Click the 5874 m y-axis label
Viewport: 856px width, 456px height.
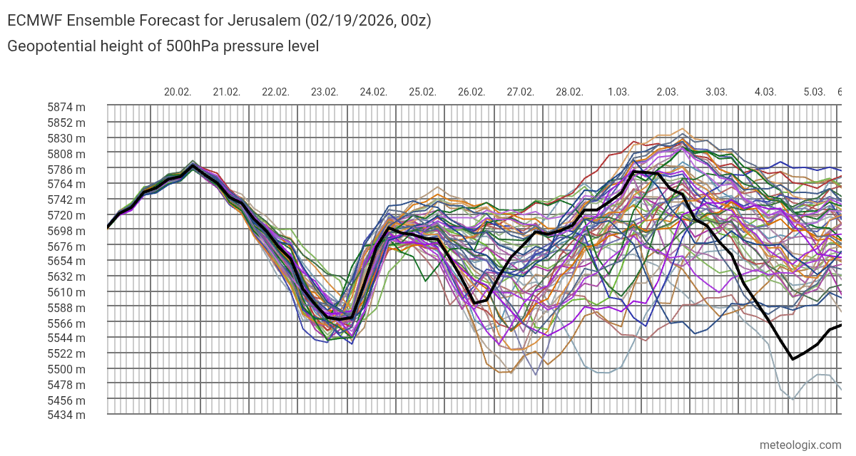pyautogui.click(x=66, y=108)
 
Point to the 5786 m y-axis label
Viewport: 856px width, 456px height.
pyautogui.click(x=66, y=170)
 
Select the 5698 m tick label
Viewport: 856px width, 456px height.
pyautogui.click(x=66, y=231)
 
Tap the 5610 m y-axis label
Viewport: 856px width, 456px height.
pyautogui.click(x=66, y=292)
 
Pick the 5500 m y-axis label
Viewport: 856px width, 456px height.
pyautogui.click(x=66, y=369)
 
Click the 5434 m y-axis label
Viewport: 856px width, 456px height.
pyautogui.click(x=66, y=415)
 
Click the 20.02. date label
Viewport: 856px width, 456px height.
pyautogui.click(x=178, y=92)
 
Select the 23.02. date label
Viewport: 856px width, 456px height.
pyautogui.click(x=325, y=92)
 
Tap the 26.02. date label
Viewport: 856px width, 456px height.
pyautogui.click(x=472, y=92)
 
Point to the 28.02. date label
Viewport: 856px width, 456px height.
pyautogui.click(x=569, y=92)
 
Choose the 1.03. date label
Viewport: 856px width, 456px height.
pyautogui.click(x=618, y=92)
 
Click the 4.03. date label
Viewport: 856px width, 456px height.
pyautogui.click(x=765, y=92)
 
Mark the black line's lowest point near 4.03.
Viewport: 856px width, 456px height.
pyautogui.click(x=793, y=359)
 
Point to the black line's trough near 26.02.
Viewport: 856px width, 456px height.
pyautogui.click(x=475, y=304)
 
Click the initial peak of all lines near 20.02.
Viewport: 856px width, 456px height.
pyautogui.click(x=193, y=165)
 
